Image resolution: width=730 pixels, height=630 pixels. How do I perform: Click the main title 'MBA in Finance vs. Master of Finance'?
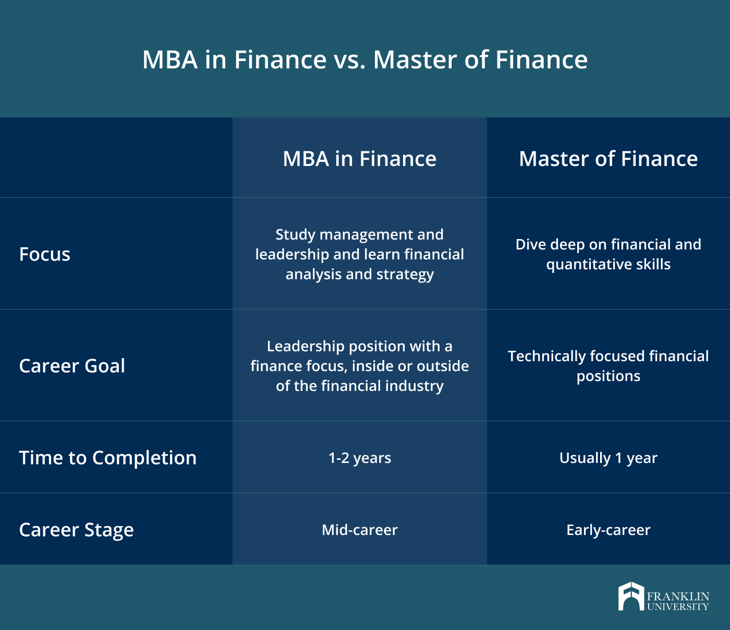point(365,60)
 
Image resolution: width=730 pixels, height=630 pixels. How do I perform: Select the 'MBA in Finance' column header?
point(360,158)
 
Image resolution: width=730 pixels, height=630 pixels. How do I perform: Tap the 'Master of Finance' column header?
point(608,158)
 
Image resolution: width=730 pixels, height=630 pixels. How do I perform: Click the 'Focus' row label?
point(45,254)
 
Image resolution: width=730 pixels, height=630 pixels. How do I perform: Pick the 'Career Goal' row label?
point(72,365)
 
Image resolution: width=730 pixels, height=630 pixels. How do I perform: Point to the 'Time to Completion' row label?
point(108,457)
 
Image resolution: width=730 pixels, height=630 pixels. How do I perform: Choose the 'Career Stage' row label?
point(77,530)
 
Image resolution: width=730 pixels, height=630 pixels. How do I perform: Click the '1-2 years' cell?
point(360,458)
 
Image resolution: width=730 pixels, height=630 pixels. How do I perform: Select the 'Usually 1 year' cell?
point(608,458)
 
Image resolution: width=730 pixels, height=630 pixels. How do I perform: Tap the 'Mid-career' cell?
point(360,530)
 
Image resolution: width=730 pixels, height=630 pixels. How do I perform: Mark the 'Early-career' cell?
point(608,530)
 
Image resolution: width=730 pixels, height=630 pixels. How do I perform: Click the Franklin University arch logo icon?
point(631,596)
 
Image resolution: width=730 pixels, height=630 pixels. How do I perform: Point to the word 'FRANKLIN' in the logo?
point(678,597)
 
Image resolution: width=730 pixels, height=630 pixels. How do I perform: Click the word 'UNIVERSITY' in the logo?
point(678,607)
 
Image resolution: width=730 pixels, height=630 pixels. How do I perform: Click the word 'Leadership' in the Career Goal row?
point(306,347)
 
